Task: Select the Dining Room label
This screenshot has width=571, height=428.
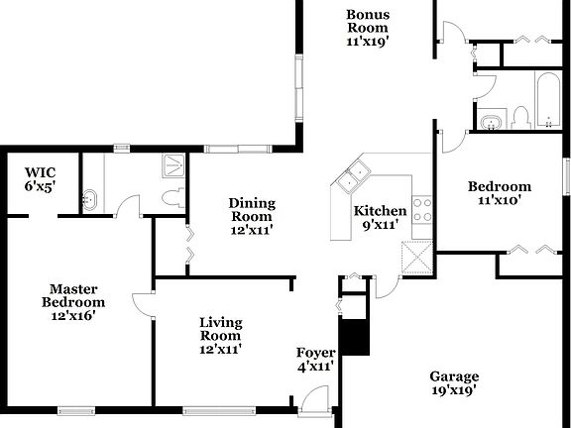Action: [x=252, y=216]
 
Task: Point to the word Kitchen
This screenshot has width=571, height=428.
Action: [x=381, y=211]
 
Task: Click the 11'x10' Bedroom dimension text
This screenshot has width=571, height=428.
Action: [x=500, y=201]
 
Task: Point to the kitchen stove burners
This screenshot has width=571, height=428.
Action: [x=422, y=209]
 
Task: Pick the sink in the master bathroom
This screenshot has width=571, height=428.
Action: [x=89, y=197]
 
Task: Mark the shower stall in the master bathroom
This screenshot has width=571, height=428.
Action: [x=173, y=165]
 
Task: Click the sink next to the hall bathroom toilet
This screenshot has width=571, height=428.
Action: [x=490, y=122]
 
